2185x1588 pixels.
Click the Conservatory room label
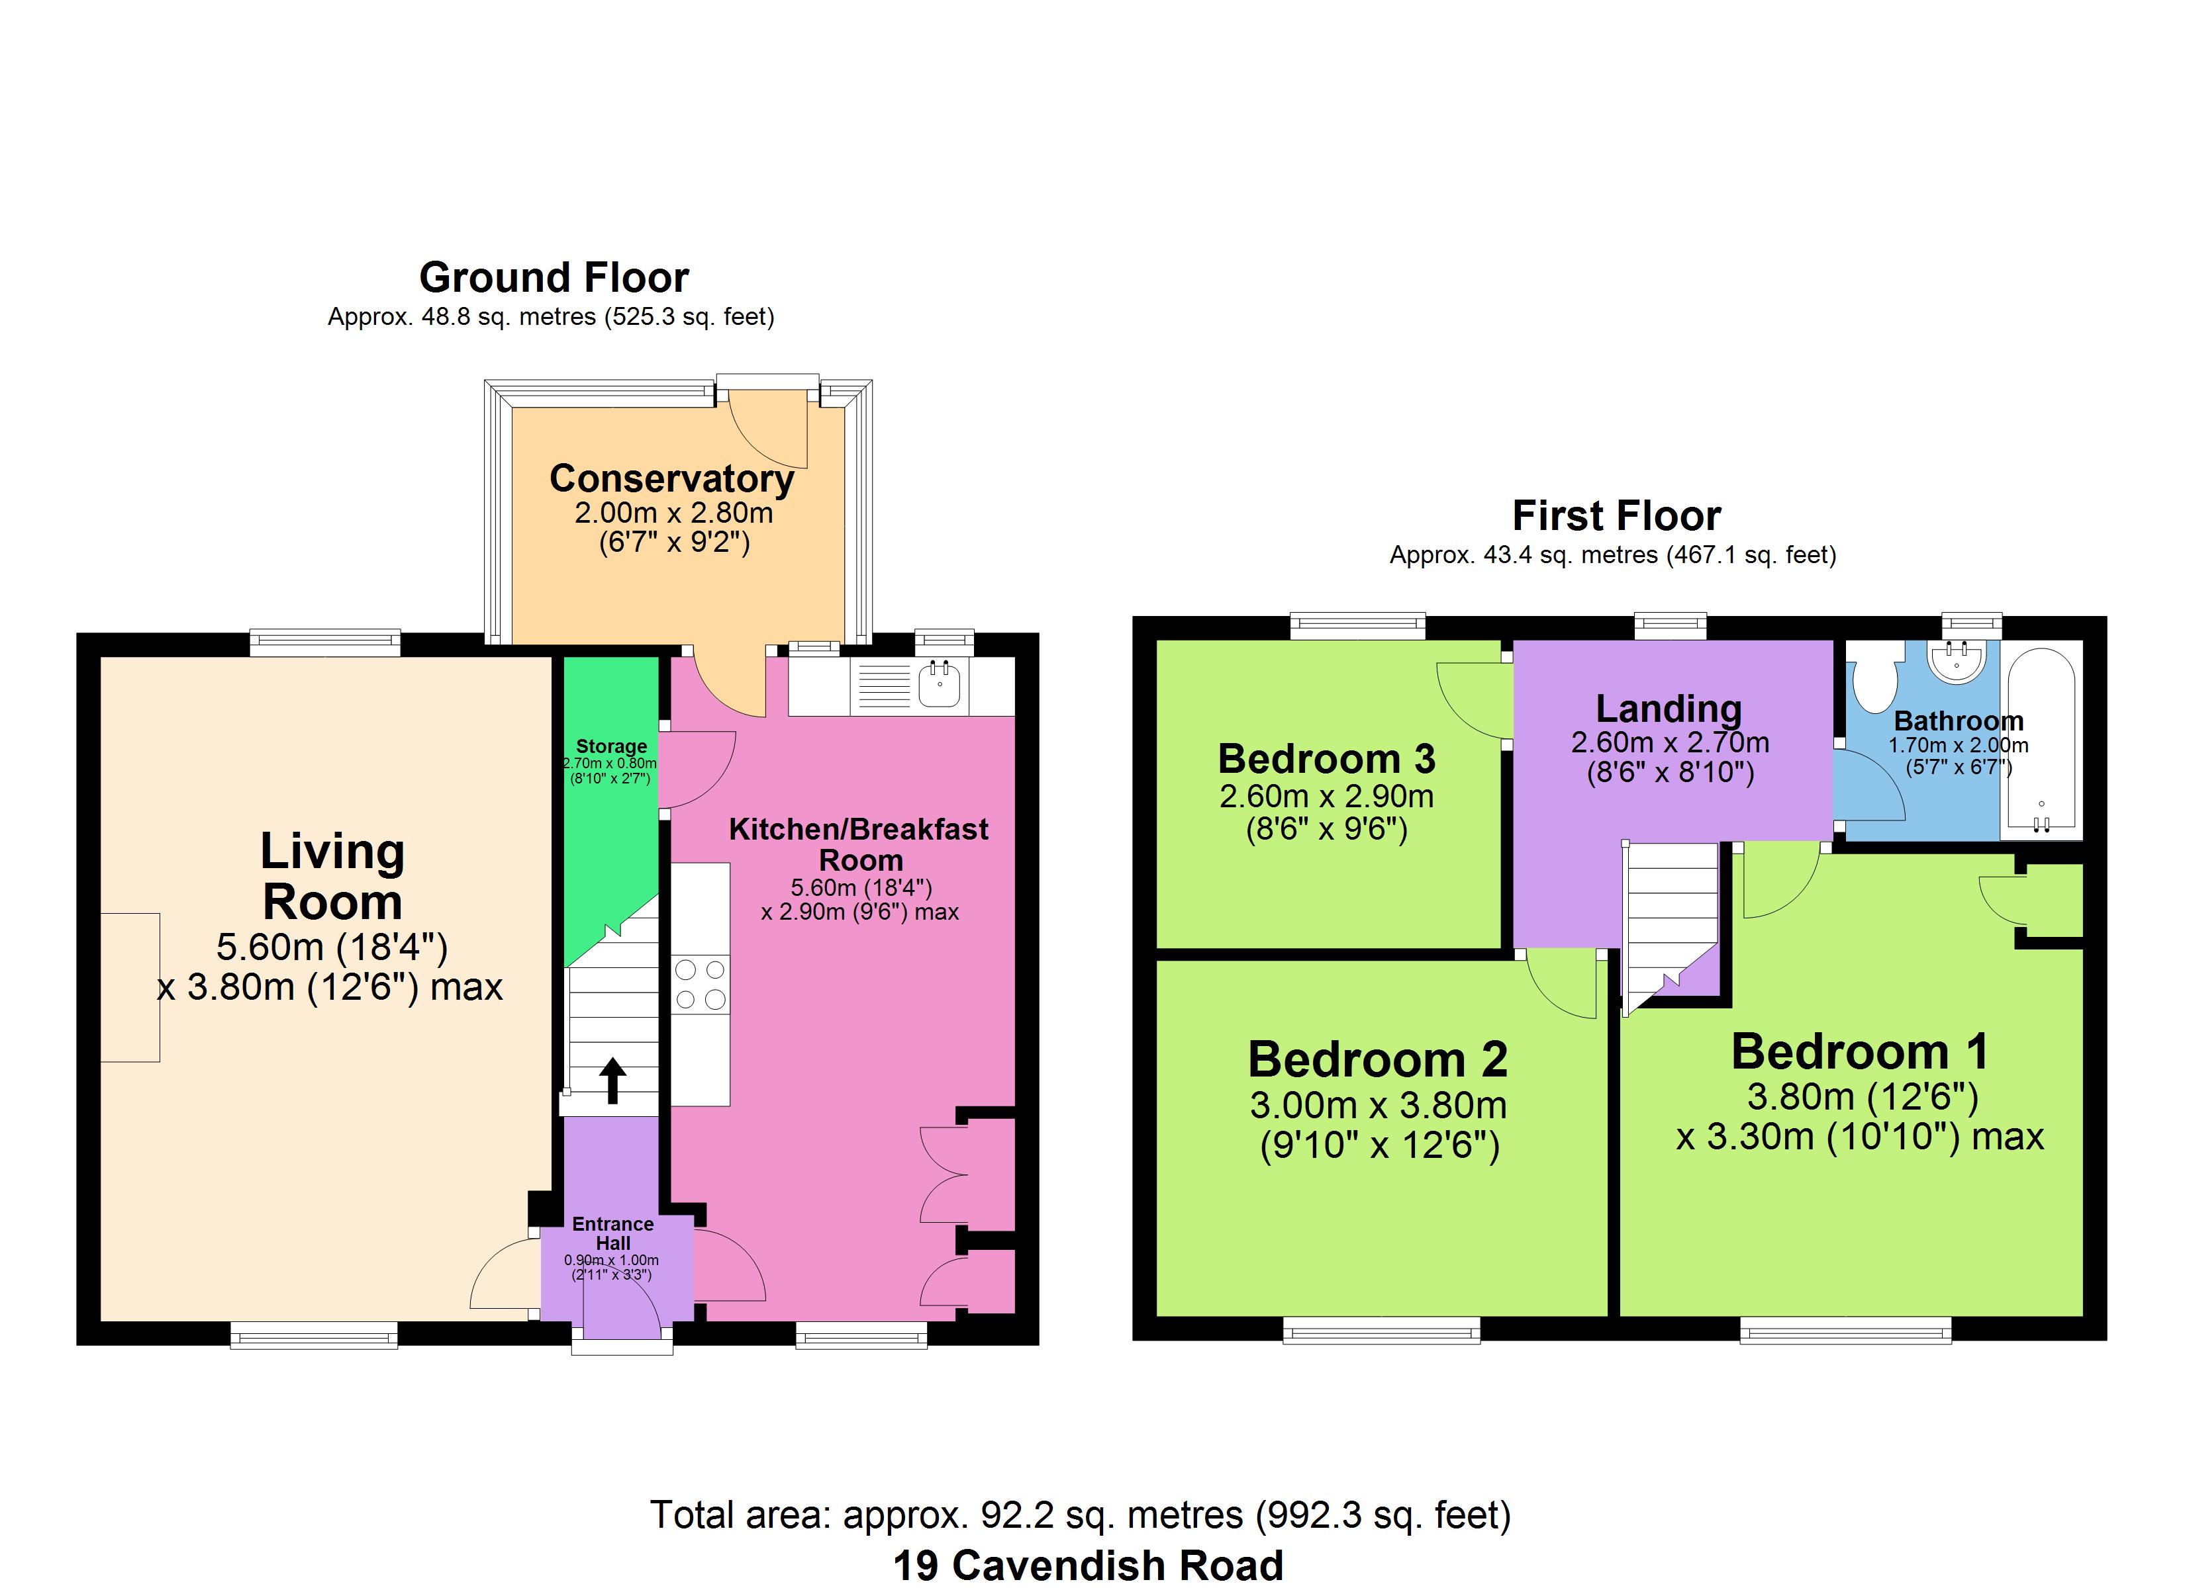[671, 478]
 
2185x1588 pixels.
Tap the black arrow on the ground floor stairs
[612, 1081]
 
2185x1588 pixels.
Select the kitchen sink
[938, 685]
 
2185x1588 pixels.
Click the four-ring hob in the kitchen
[701, 984]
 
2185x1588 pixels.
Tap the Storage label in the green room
[610, 746]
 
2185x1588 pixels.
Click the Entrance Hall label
[612, 1233]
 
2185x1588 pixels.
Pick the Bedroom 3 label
[1327, 759]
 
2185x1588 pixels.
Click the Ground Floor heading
[554, 277]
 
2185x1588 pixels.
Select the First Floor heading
[1617, 515]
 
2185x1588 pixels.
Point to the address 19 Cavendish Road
[1088, 1565]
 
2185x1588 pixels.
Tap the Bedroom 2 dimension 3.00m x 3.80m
[1379, 1106]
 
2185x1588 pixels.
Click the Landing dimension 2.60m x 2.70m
[1671, 742]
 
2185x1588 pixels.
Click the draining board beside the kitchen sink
[883, 685]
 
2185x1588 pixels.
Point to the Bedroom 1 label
[1859, 1051]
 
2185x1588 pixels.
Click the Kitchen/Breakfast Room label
[858, 844]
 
